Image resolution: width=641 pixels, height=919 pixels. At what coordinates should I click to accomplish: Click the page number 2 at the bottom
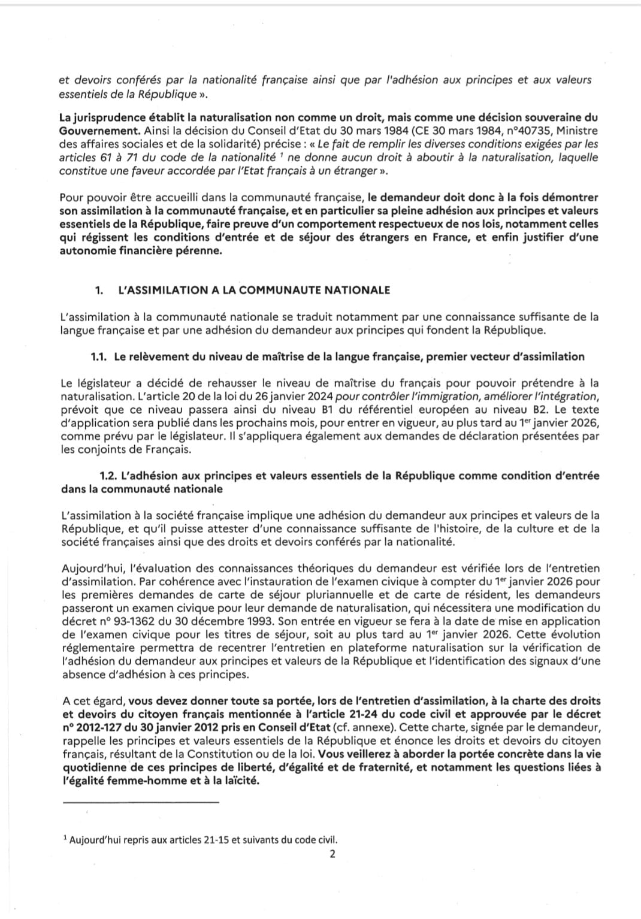click(x=332, y=854)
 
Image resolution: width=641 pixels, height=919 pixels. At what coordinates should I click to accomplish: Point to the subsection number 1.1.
click(x=98, y=357)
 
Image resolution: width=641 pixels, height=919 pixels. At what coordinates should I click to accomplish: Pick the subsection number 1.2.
click(x=108, y=476)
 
